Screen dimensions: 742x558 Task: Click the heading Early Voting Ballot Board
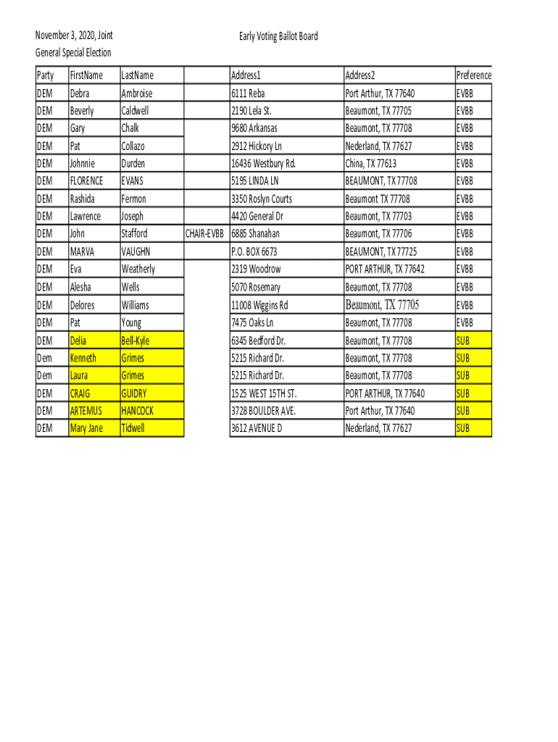click(278, 37)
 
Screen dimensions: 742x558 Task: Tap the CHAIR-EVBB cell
click(204, 234)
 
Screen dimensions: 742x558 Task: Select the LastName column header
click(138, 75)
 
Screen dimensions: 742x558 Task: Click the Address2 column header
click(360, 75)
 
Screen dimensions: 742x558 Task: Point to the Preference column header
click(473, 75)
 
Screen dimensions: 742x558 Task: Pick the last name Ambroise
click(137, 93)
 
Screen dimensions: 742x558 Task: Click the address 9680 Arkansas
click(254, 128)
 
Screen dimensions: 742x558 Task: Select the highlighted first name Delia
click(78, 341)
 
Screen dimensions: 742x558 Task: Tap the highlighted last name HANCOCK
click(138, 411)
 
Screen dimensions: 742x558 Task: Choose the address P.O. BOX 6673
click(254, 251)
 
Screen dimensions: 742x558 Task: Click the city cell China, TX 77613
click(371, 164)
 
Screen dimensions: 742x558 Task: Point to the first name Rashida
click(82, 199)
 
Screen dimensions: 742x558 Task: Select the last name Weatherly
click(138, 270)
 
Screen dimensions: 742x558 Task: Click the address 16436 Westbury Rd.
click(263, 164)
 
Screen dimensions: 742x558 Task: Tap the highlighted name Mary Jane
click(86, 428)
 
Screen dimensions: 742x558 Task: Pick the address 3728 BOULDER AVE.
click(263, 411)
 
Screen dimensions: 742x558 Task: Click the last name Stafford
click(135, 234)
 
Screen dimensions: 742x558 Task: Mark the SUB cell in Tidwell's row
click(462, 428)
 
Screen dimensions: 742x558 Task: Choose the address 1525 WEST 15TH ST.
click(264, 393)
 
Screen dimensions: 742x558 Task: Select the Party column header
click(45, 75)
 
